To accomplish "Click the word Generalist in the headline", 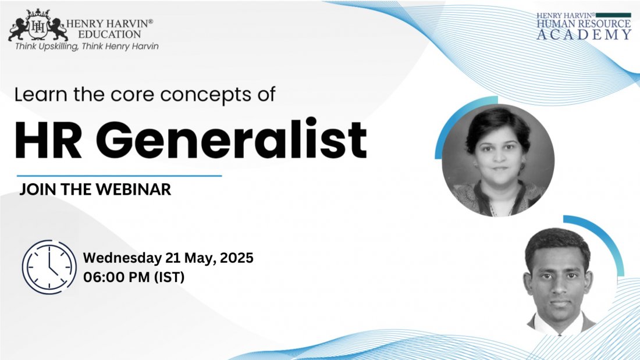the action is coord(231,139).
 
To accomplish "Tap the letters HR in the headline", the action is coord(48,140).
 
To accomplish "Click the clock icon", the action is coord(49,267).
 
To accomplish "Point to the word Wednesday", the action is coord(122,258).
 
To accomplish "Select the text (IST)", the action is coord(169,277).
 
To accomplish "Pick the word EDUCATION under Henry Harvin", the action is coord(109,34).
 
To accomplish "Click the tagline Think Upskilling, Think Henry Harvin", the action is coord(87,47).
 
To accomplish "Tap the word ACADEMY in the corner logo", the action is coord(584,35).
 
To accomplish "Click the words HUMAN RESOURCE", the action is coord(584,24).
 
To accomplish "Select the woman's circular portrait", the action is coord(498,160).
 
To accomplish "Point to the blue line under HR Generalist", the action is coord(119,176).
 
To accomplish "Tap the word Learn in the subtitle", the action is coord(41,94).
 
